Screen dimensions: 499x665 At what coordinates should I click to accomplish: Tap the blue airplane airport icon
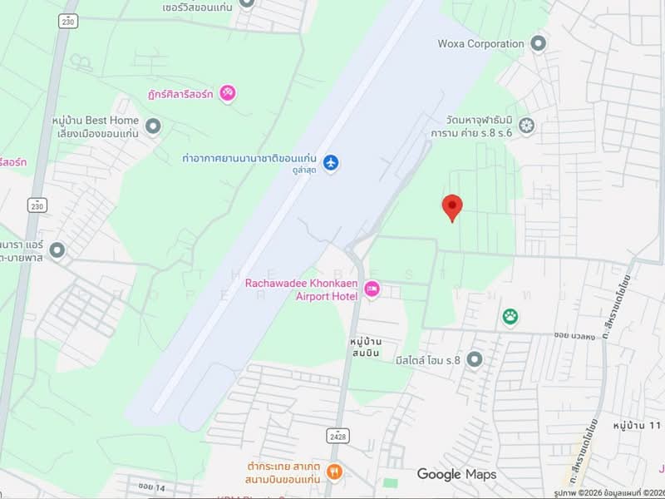tap(332, 161)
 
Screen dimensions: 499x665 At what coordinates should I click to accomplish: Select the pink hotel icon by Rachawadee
tap(372, 289)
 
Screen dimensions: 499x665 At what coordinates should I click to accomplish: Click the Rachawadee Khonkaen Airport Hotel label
tap(301, 289)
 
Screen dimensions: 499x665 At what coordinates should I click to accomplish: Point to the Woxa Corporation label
tap(480, 43)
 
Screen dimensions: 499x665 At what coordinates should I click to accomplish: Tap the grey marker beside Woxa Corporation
tap(538, 43)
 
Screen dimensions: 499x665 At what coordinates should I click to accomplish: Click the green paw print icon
tap(508, 316)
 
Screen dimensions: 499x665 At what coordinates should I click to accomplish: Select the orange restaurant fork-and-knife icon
tap(334, 472)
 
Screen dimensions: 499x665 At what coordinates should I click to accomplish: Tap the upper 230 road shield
tap(67, 22)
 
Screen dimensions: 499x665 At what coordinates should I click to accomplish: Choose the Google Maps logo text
tap(456, 475)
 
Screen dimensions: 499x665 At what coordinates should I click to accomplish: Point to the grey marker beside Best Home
tap(152, 126)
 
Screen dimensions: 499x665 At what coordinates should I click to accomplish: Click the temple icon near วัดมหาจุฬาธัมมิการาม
tap(526, 126)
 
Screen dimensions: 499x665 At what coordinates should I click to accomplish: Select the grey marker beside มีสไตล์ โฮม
tap(475, 359)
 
